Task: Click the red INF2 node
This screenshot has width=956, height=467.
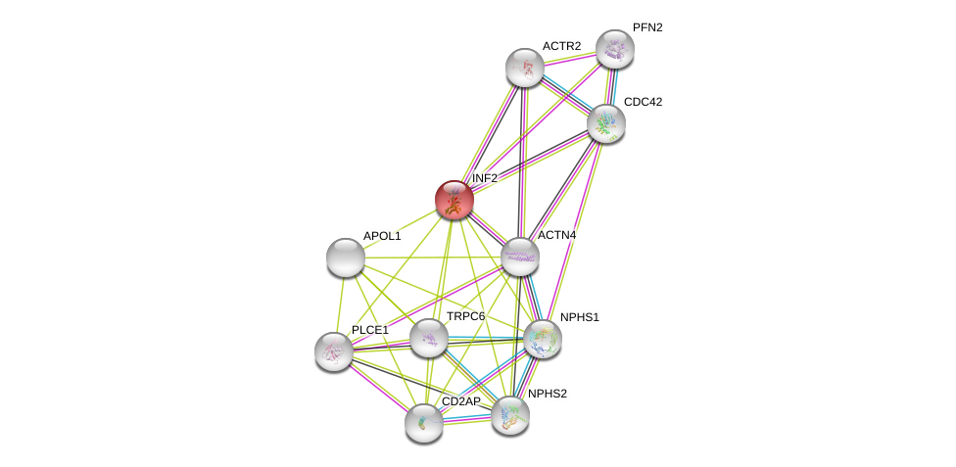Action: [454, 200]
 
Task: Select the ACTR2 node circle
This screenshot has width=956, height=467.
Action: [525, 68]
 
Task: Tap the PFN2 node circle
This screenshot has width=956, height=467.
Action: [615, 49]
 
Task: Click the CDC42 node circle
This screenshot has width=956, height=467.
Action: [606, 123]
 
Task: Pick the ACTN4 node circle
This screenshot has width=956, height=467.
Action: [520, 257]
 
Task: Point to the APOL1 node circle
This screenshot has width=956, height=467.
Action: [346, 257]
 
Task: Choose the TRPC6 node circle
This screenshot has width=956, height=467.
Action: [429, 338]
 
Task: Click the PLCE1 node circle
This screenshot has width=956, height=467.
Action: [334, 351]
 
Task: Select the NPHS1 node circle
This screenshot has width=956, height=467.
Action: [543, 339]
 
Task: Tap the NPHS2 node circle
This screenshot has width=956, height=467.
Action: [510, 415]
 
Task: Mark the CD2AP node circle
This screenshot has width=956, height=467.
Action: [424, 423]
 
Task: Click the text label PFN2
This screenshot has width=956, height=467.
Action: [647, 27]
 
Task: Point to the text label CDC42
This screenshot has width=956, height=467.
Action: [643, 102]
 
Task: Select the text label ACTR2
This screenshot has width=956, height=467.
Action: [561, 46]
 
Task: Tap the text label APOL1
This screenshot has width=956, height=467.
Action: [382, 236]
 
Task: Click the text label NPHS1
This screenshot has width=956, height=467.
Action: [579, 317]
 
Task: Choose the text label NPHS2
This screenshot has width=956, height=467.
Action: [548, 394]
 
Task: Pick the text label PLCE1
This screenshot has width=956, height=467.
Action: [370, 330]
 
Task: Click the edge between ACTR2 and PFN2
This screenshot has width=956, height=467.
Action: [570, 58]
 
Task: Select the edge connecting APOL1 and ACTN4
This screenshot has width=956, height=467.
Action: [433, 257]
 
